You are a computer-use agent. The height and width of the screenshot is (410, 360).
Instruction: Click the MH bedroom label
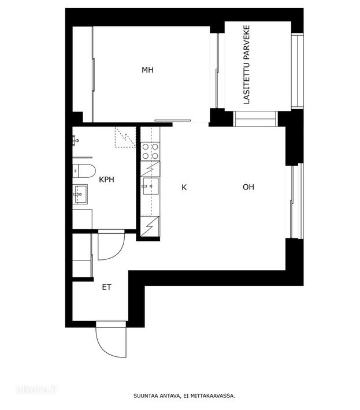click(147, 70)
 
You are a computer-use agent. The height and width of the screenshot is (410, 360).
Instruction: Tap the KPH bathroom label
click(106, 180)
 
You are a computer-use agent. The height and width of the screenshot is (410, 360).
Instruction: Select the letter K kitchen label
click(184, 187)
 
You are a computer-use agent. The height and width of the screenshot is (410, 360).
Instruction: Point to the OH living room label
click(248, 187)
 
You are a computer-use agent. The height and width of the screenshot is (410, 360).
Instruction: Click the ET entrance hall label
click(106, 287)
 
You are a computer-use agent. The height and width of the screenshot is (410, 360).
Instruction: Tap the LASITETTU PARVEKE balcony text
click(247, 65)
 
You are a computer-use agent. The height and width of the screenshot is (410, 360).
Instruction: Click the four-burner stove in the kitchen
click(150, 151)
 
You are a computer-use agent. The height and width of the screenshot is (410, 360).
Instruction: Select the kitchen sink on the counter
click(150, 186)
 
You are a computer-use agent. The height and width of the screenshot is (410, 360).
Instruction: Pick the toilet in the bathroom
click(84, 171)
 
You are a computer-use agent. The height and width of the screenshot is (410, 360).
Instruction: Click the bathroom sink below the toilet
click(80, 194)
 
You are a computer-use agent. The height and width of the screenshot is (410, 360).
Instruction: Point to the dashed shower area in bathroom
click(125, 137)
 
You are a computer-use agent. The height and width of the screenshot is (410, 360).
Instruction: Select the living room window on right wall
click(297, 201)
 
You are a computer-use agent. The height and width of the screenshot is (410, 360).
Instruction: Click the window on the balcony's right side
click(298, 70)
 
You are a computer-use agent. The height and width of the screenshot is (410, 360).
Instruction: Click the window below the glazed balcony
click(255, 119)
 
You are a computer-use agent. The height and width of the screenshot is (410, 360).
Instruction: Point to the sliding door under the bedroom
click(173, 120)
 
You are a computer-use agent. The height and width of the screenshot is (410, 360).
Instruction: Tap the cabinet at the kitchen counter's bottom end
click(150, 226)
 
